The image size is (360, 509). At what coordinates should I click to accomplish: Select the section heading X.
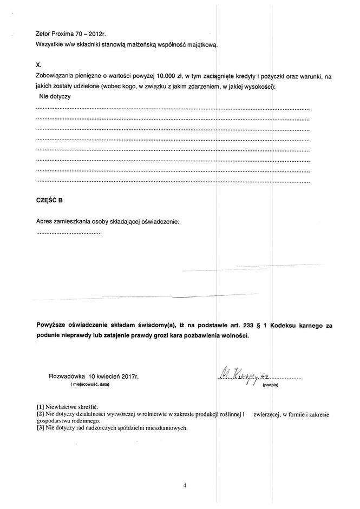38,64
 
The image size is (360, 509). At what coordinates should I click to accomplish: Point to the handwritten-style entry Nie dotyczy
55,97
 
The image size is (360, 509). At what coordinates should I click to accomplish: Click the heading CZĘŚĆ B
49,200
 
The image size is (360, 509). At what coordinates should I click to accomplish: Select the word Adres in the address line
44,221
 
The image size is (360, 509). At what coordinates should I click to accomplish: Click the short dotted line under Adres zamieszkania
69,233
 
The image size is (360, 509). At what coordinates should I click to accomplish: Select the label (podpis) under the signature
270,386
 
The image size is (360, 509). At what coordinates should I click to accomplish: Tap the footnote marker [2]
40,414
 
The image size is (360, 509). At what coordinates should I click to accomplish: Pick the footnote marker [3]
40,427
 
